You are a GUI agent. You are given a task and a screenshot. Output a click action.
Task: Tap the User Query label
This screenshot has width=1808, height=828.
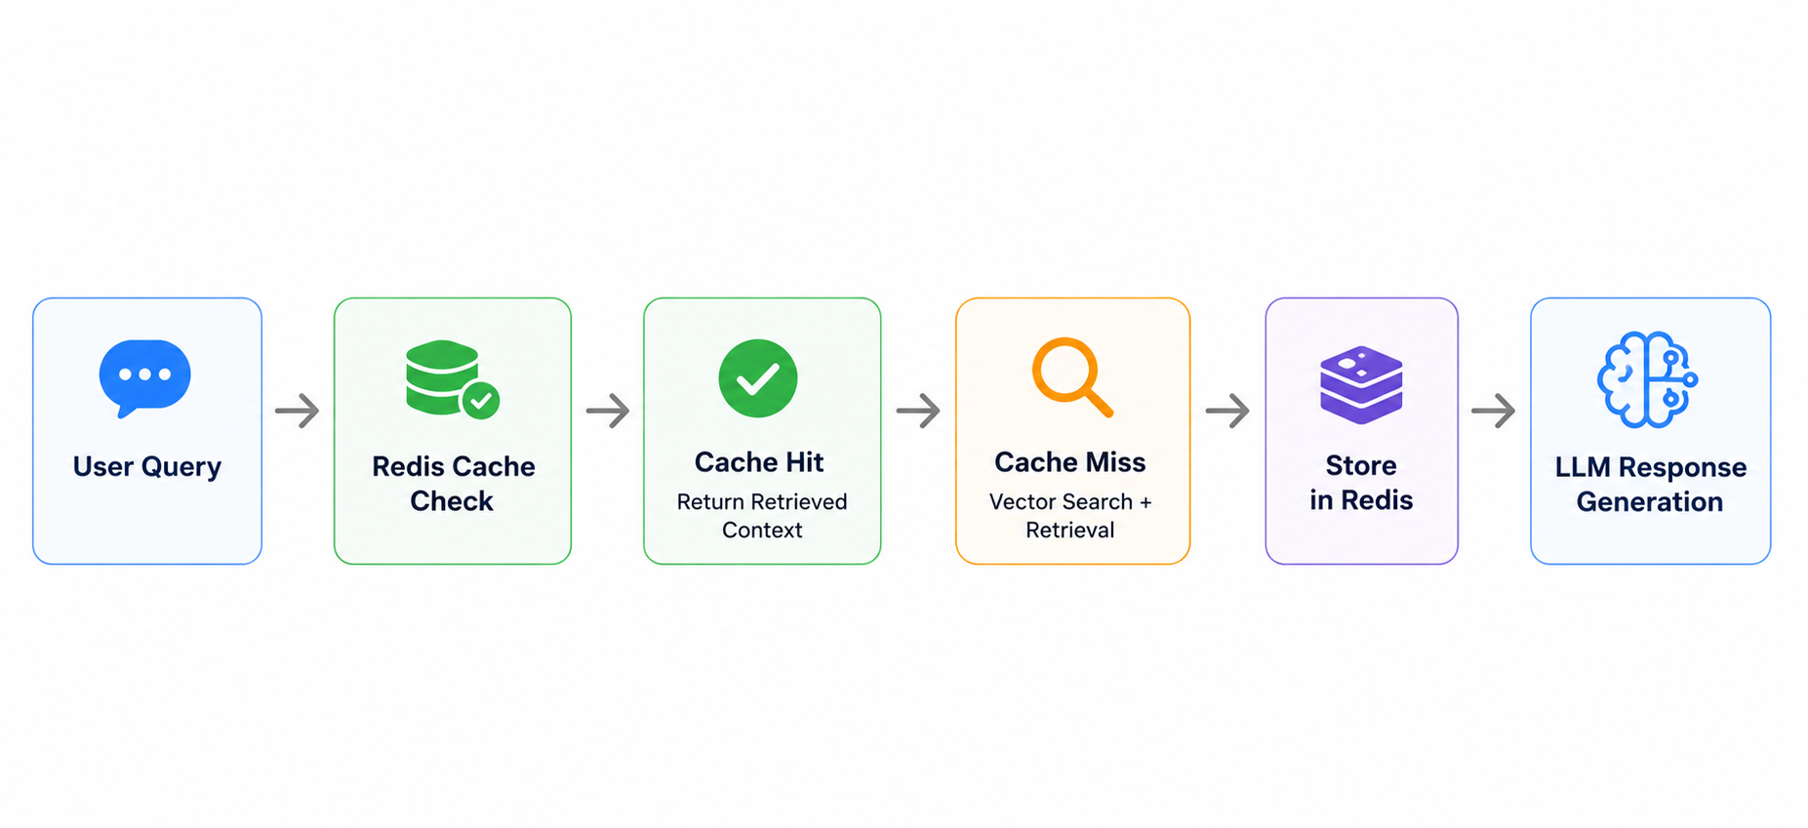pos(147,467)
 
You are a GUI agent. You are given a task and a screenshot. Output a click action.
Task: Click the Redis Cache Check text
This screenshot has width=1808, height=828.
pos(453,484)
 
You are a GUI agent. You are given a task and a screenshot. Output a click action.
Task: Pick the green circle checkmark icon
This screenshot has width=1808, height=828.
pos(758,378)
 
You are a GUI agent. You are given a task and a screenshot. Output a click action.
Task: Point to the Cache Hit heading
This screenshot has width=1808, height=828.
pos(759,462)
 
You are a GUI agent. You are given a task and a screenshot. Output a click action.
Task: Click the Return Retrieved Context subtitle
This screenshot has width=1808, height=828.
pos(762,516)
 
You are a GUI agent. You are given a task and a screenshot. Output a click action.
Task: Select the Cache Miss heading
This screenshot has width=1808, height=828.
pos(1070,462)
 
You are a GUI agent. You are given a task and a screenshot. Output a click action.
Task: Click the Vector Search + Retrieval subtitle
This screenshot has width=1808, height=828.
pos(1070,516)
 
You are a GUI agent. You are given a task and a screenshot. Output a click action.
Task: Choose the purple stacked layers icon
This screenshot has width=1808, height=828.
pos(1361,384)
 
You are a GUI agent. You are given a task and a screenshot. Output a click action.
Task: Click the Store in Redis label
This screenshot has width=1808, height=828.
pos(1361,483)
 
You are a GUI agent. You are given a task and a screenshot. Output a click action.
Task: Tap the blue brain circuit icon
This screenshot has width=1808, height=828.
pos(1647,379)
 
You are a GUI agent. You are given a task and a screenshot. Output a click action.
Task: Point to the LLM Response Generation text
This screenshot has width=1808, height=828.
pos(1651,485)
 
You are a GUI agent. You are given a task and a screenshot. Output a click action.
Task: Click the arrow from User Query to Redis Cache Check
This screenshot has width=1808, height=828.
pos(298,411)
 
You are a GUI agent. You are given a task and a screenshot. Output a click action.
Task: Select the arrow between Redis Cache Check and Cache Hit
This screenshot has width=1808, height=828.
pos(608,411)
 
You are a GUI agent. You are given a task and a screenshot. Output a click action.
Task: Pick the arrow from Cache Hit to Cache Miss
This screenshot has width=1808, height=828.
pos(918,411)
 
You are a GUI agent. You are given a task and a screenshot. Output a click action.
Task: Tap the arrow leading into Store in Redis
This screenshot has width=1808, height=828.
pos(1227,411)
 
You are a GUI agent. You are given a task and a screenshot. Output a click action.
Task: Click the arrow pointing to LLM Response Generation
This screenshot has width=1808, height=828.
pos(1494,411)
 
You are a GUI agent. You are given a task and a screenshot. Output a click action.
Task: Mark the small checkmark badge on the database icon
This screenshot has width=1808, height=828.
pos(480,400)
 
